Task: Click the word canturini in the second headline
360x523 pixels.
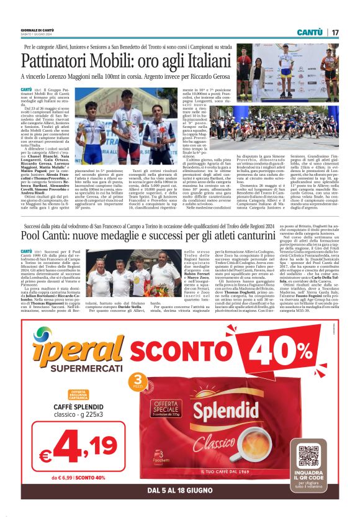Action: pos(263,237)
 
